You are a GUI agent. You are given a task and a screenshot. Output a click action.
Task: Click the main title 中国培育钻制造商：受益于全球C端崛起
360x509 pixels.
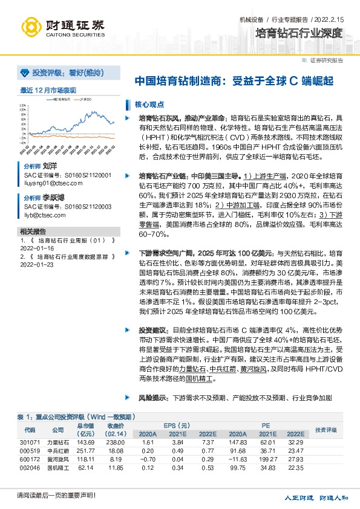[233, 80]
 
